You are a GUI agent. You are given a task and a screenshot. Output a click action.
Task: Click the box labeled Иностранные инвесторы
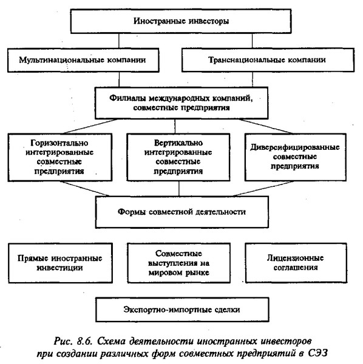(x=181, y=21)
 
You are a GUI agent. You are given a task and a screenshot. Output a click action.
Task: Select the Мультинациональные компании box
(x=83, y=60)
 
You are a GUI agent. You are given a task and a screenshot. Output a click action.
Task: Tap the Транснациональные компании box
(x=268, y=60)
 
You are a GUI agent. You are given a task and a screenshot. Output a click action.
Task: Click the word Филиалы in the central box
(x=127, y=98)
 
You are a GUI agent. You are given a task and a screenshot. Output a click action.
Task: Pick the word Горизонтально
(x=59, y=143)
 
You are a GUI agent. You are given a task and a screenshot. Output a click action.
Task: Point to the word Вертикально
(x=178, y=143)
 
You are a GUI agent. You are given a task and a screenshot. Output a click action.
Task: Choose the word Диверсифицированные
(x=295, y=147)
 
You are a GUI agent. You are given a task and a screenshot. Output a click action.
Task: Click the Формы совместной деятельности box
(x=182, y=212)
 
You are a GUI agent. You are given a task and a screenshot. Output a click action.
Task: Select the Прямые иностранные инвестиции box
(x=60, y=263)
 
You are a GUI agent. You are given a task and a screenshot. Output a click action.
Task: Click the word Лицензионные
(x=295, y=258)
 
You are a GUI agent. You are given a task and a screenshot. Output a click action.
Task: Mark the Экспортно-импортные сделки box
(x=182, y=309)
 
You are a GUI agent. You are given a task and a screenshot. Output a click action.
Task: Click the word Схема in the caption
(x=111, y=342)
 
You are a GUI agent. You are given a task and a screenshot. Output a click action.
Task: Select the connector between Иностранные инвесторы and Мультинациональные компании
(x=119, y=41)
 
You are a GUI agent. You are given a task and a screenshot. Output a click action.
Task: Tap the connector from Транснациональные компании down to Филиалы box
(x=253, y=79)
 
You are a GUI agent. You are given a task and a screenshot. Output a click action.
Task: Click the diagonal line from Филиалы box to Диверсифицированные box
(x=265, y=126)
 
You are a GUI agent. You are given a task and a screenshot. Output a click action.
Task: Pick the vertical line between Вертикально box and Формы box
(x=179, y=189)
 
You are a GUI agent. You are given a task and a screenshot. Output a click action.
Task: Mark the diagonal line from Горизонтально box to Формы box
(x=85, y=189)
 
